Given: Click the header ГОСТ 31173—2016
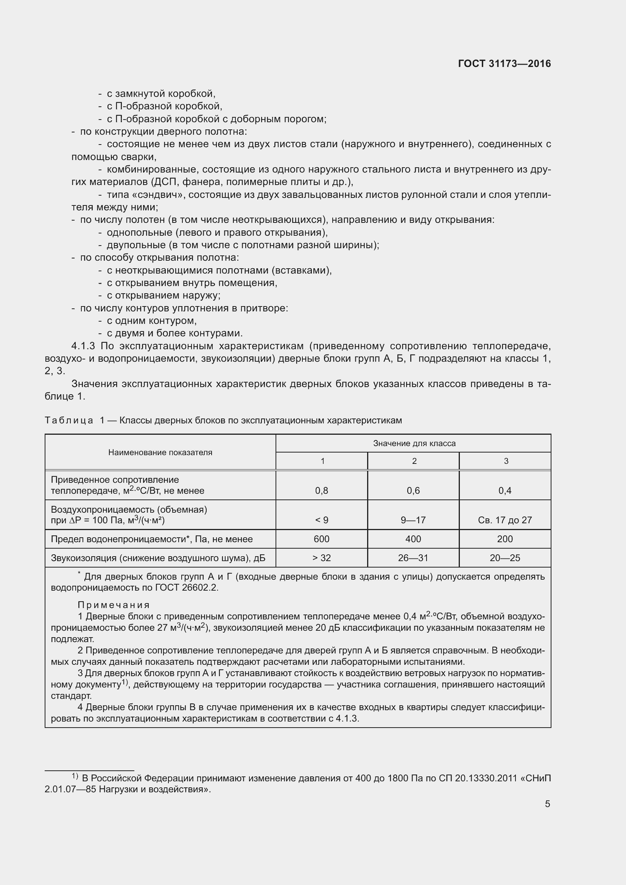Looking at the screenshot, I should click(504, 64).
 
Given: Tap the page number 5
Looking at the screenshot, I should click(547, 804).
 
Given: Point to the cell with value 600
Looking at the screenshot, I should click(321, 539).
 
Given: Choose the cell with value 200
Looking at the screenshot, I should click(505, 539).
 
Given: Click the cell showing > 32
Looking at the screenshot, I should click(321, 558).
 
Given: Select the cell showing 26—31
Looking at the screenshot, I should click(413, 558).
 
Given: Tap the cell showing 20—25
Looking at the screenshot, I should click(505, 558).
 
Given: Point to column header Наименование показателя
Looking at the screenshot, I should click(160, 452).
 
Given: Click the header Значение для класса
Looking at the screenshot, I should click(414, 443).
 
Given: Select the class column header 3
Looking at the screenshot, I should click(506, 461).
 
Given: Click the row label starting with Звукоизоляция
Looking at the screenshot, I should click(158, 558).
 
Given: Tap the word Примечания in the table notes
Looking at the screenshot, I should click(114, 605).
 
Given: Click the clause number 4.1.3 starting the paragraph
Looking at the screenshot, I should click(83, 346).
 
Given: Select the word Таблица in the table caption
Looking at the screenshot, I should click(69, 420).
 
